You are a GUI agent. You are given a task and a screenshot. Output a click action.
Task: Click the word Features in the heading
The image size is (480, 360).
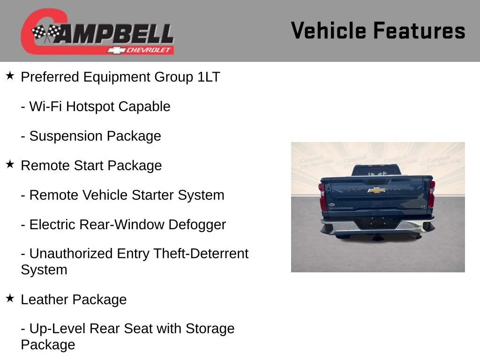point(419,31)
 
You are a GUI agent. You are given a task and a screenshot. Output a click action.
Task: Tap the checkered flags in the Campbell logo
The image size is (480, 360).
point(46,33)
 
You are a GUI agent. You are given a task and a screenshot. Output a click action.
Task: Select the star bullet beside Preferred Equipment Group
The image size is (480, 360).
point(10,75)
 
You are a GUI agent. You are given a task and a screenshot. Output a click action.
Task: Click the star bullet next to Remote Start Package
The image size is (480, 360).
point(10,164)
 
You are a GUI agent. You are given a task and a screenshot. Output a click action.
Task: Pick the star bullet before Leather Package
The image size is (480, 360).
point(10,298)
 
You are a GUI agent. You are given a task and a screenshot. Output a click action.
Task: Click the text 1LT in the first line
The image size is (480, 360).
point(209,77)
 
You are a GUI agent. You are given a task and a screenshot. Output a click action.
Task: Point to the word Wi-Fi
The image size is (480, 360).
point(46,106)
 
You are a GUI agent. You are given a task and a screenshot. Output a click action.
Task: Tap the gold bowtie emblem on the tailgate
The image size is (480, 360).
point(376,190)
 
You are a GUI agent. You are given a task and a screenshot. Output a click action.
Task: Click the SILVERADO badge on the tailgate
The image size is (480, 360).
point(341,208)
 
